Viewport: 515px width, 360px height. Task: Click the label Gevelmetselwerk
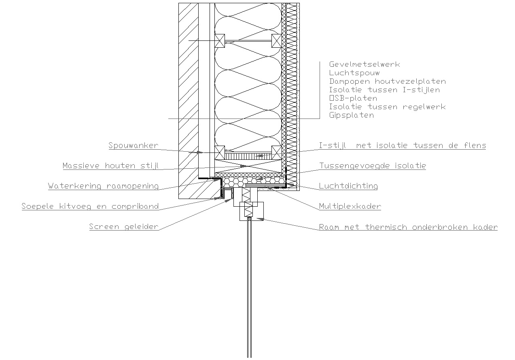click(365, 64)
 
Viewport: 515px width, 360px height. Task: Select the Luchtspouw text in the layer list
click(354, 73)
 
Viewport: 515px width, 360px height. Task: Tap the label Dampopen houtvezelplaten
click(388, 81)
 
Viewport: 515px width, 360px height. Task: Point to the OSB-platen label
click(353, 98)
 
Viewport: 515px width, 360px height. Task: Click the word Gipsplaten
click(352, 115)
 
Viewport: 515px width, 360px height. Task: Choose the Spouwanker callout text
click(134, 146)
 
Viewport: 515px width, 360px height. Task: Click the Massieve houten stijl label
click(110, 166)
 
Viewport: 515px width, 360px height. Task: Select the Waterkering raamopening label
click(103, 186)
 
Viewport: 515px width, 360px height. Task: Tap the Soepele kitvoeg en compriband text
click(90, 206)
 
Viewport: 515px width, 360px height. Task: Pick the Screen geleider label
click(124, 227)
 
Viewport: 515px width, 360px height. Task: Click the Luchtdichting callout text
click(348, 186)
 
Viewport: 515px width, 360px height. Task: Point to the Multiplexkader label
click(350, 206)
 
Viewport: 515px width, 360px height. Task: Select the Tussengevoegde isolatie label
click(373, 166)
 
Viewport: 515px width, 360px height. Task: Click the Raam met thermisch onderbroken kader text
click(408, 227)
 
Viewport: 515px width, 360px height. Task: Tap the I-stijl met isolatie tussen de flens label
click(403, 146)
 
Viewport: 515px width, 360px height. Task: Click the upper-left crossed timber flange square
click(220, 41)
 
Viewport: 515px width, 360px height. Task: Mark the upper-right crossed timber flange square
click(277, 41)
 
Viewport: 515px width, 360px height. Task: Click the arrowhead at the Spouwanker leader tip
click(200, 152)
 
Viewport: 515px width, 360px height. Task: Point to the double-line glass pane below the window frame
click(250, 287)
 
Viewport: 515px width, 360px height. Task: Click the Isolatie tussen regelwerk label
click(388, 107)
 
